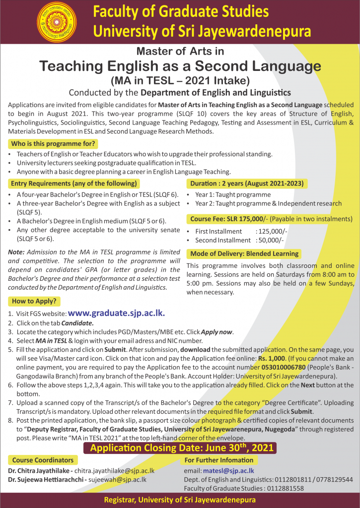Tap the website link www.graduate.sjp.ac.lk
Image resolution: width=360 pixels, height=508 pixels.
[116, 313]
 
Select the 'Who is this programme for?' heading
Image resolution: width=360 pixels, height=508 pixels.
[53, 144]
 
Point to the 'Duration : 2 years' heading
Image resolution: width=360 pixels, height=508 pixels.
[246, 184]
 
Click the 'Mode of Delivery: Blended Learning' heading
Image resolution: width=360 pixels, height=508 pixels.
[244, 254]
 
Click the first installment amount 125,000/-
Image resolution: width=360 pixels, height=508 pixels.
[272, 231]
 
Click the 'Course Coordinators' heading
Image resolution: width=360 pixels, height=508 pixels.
[43, 460]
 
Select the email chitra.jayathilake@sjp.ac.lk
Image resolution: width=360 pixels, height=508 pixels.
[114, 470]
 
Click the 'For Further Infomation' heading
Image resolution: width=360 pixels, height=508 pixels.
[219, 460]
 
